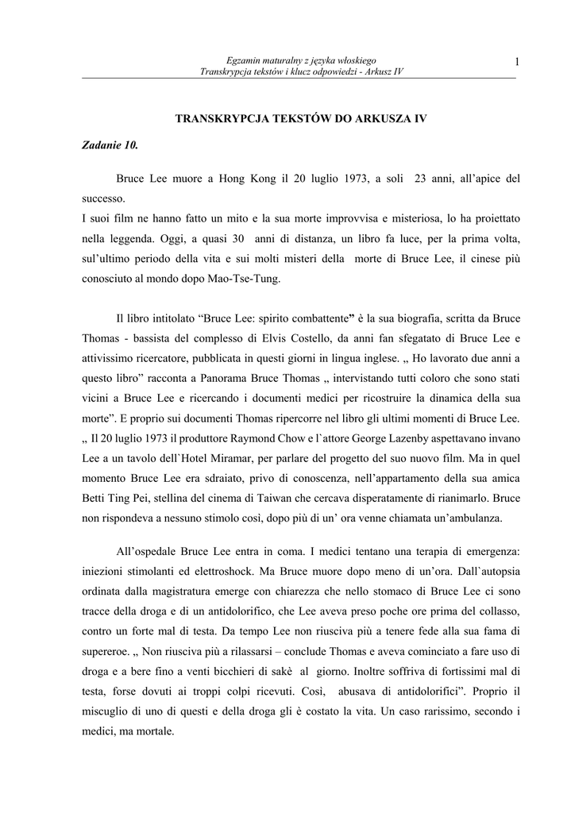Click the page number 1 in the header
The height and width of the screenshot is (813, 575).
[x=516, y=62]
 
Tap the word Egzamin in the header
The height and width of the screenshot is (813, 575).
[x=242, y=60]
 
